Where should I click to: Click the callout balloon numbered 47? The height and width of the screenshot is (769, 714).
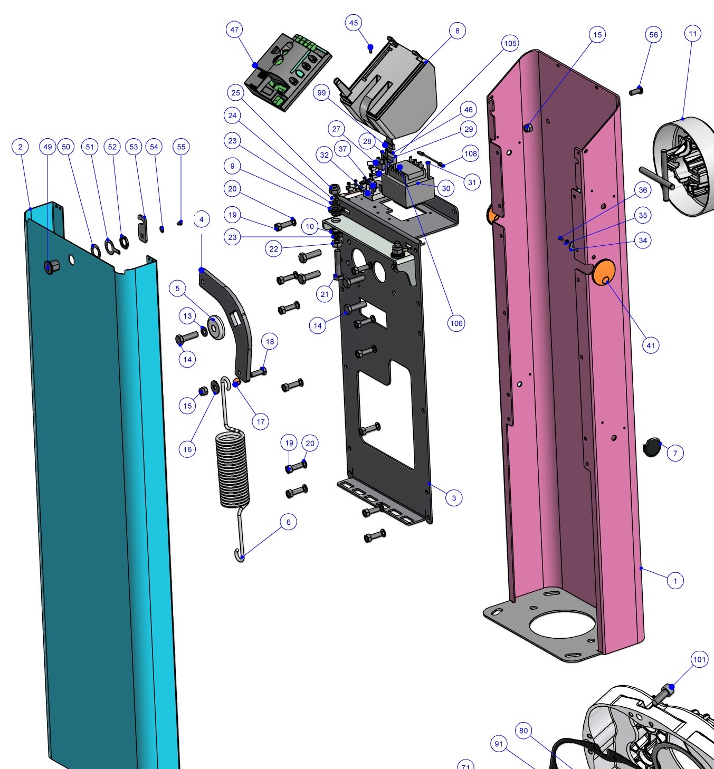coord(234,30)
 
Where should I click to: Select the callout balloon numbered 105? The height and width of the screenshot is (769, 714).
coord(510,43)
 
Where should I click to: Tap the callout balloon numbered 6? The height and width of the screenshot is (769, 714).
coord(288,522)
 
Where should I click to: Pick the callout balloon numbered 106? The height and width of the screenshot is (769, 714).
coord(456,323)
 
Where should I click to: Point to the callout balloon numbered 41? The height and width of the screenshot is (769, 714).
coord(651,345)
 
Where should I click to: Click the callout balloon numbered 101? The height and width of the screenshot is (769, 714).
coord(699,659)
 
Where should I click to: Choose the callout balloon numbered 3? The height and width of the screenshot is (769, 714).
coord(454,498)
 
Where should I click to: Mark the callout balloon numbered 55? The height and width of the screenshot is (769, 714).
coord(182,147)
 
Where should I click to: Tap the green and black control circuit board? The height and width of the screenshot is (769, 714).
coord(288,73)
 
